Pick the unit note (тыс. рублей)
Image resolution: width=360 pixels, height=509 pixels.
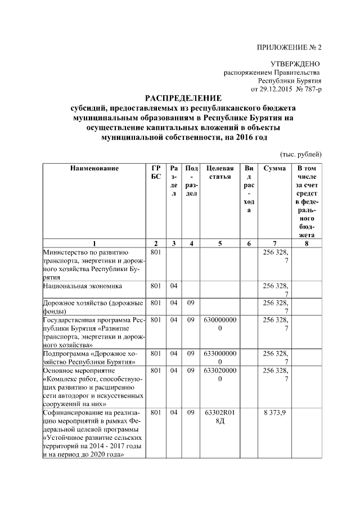(x=300, y=153)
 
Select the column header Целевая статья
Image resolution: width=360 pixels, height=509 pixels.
(x=220, y=173)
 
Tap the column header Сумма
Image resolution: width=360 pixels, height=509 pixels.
(x=274, y=168)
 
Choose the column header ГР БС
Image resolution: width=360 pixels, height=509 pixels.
(x=156, y=173)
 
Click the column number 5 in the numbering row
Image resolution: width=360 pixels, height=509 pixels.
(x=220, y=243)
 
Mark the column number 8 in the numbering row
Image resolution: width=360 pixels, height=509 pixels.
(x=306, y=243)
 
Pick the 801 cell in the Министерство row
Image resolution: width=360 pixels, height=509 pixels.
(x=156, y=253)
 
